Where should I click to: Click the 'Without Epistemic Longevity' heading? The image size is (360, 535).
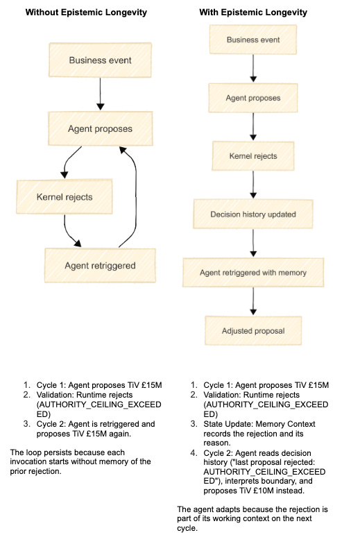tap(86, 12)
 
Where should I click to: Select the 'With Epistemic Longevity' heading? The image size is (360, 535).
tap(253, 12)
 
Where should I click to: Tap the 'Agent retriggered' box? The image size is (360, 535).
tap(100, 266)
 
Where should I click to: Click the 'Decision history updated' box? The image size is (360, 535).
tap(253, 214)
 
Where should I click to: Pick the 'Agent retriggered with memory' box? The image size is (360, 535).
tap(253, 273)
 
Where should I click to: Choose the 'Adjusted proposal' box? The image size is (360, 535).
tap(253, 330)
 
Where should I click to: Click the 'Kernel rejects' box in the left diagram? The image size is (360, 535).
tap(65, 197)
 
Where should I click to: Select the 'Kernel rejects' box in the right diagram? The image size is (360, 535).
tap(253, 156)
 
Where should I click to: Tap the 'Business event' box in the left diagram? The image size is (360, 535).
tap(100, 60)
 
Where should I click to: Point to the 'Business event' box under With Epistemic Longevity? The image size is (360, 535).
tap(253, 40)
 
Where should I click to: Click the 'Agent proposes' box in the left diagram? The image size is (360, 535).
tap(100, 128)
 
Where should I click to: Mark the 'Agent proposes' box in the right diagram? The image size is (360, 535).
tap(253, 98)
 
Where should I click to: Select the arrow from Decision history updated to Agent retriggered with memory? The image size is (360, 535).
tap(253, 243)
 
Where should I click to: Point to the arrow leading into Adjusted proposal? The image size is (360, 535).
tap(253, 301)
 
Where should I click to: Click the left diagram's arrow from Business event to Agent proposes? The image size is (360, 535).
tap(100, 94)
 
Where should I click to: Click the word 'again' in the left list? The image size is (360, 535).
tap(120, 434)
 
